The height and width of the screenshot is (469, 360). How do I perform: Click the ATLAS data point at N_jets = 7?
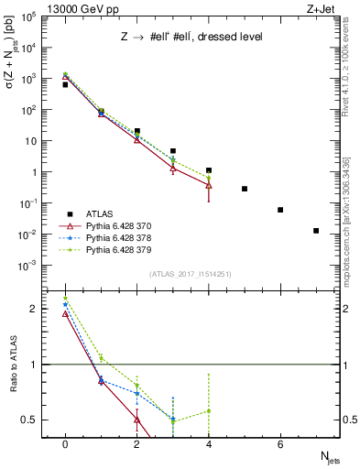point(316,231)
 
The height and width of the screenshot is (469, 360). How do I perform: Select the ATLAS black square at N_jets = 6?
point(280,210)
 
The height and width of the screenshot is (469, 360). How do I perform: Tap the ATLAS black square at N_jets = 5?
point(245,189)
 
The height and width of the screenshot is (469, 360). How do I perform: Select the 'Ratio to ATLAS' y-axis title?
point(12,365)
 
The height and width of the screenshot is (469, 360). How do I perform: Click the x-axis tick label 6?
point(280,443)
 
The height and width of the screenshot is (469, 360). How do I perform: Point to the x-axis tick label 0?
point(64,443)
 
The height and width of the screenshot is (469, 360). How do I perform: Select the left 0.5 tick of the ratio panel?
point(32,420)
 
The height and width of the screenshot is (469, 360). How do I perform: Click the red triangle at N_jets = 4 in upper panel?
point(209,185)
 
